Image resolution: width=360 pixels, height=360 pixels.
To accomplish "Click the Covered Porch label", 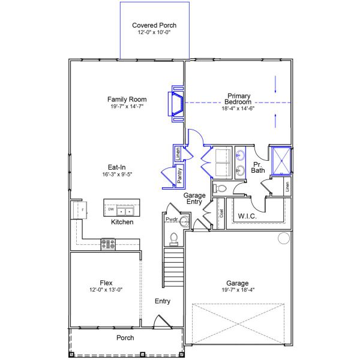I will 155,25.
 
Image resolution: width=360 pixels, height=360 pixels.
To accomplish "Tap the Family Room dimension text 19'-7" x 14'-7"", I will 127,106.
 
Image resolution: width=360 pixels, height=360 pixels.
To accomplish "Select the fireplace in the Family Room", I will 176,106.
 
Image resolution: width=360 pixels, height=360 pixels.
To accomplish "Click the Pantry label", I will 179,175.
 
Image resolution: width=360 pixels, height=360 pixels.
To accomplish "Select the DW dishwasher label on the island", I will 111,209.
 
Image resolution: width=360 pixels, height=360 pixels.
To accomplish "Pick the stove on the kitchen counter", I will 109,243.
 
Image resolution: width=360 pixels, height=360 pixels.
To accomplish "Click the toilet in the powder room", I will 174,239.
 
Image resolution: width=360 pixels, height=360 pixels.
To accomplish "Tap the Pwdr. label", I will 172,220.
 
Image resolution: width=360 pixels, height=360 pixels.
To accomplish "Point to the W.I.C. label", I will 248,216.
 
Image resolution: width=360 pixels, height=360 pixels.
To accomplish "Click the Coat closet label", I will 221,213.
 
